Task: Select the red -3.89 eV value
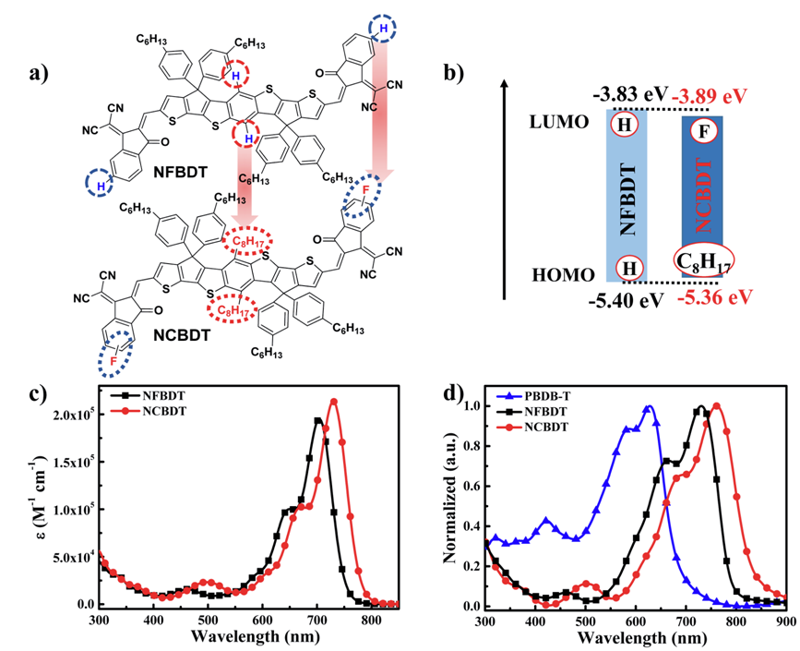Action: (710, 96)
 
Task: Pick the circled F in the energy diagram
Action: (704, 130)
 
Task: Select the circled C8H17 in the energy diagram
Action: (704, 258)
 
